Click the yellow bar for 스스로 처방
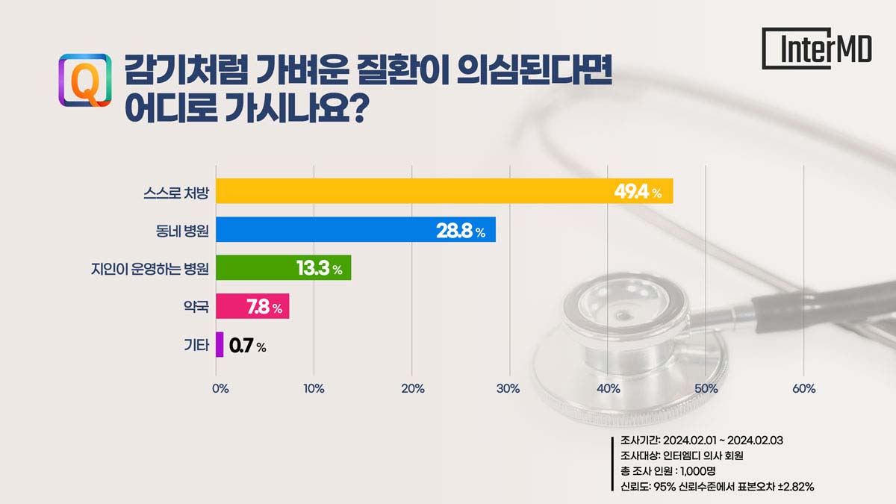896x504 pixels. [x=444, y=191]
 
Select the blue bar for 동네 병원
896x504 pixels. [x=355, y=230]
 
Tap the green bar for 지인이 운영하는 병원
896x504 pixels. [x=283, y=268]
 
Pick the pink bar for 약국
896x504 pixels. [x=252, y=307]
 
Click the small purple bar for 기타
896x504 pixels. [x=220, y=345]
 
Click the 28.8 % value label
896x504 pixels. [x=460, y=231]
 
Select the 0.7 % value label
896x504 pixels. [x=247, y=346]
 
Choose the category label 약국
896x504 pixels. [x=196, y=307]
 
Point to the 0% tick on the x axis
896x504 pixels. [x=220, y=388]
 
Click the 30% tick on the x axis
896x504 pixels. [x=509, y=388]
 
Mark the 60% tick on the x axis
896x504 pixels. [x=803, y=388]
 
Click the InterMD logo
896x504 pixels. [x=817, y=49]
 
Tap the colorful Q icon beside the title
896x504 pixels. [x=84, y=80]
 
